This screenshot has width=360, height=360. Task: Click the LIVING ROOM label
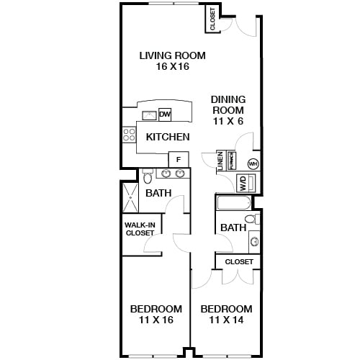[172, 55]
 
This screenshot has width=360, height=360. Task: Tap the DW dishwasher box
[165, 114]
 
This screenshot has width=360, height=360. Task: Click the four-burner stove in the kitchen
[130, 135]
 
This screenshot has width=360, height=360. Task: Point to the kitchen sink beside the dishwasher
[150, 114]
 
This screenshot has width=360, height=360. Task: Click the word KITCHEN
[168, 137]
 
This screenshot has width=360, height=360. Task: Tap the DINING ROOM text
[228, 105]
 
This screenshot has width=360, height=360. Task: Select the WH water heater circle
[253, 163]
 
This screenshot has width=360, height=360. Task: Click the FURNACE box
[231, 160]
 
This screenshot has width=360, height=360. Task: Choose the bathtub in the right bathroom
[233, 203]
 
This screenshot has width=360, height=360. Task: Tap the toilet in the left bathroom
[148, 176]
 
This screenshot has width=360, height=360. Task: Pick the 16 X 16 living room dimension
[172, 67]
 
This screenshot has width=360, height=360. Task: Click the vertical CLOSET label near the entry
[212, 19]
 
